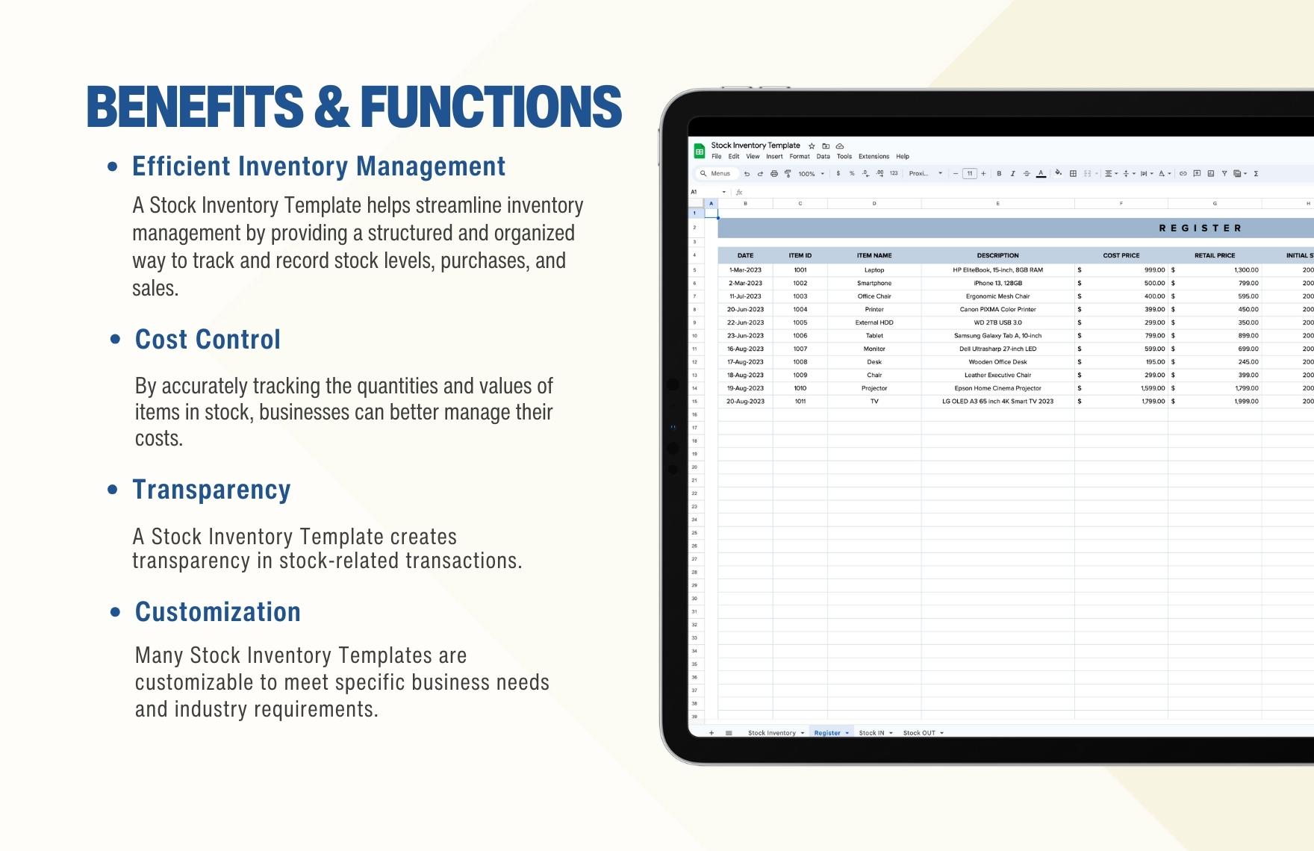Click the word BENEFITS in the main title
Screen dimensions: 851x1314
tap(195, 106)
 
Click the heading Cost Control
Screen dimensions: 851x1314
tap(208, 340)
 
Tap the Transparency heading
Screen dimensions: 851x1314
tap(211, 490)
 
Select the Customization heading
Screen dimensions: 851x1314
tap(217, 612)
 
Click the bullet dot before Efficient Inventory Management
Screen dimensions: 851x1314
tap(113, 167)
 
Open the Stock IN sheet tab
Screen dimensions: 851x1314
tap(871, 733)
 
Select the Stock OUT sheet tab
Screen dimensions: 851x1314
tap(919, 733)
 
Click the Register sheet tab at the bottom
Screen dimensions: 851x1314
tap(827, 733)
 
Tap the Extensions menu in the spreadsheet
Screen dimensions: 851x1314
tap(874, 157)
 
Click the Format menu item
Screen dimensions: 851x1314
tap(800, 157)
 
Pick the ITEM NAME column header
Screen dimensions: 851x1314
tap(874, 255)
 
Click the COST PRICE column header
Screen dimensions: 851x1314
tap(1121, 255)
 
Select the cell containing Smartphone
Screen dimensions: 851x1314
tap(874, 284)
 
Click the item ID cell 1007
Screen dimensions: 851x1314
tap(800, 349)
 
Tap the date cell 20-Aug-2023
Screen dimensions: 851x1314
tap(745, 402)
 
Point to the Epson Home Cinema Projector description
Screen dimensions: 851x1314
tap(997, 388)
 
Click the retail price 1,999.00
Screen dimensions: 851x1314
tap(1246, 402)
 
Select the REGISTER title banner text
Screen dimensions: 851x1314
tap(1200, 228)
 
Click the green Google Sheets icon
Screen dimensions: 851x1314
tap(700, 152)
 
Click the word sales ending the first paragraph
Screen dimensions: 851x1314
tap(154, 289)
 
